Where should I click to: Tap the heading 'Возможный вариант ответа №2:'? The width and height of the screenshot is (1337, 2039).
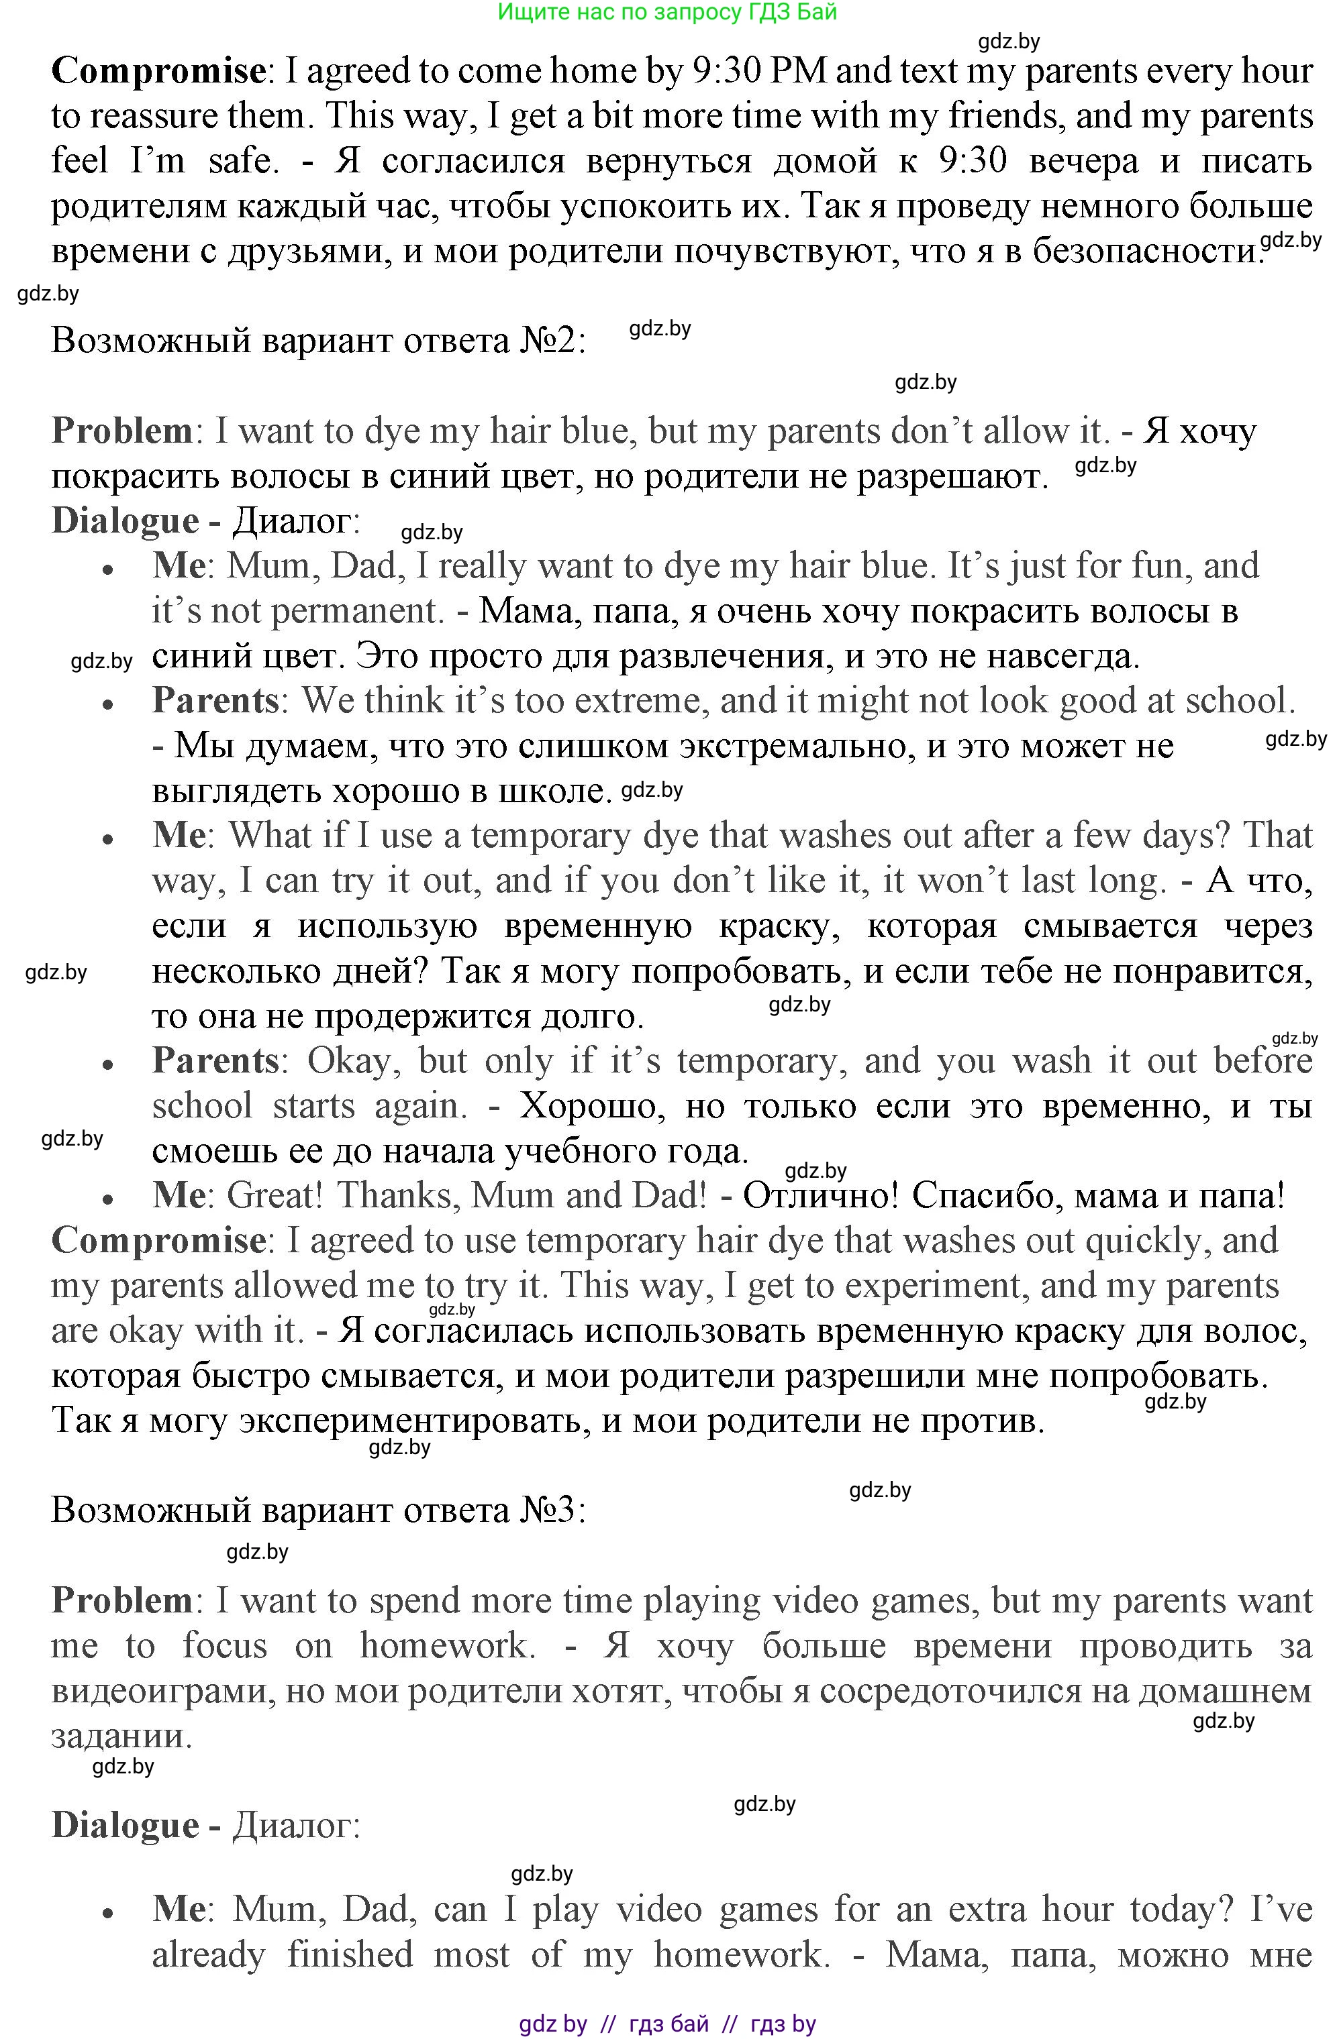(x=319, y=341)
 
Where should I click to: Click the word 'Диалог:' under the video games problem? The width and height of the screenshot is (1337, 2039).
(x=297, y=1826)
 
